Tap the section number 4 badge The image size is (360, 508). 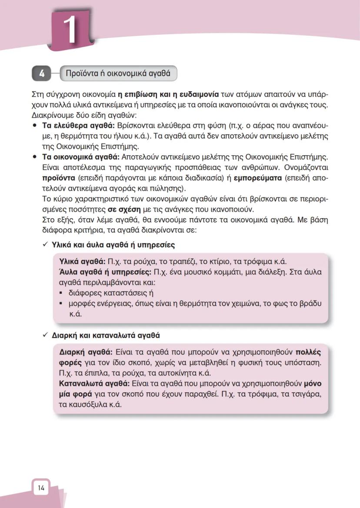(42, 74)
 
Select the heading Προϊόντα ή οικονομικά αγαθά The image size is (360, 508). (117, 74)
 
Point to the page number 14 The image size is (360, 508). (41, 488)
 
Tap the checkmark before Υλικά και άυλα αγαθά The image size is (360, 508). (44, 245)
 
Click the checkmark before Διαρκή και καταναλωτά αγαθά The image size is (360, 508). (44, 335)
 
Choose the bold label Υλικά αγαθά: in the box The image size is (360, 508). (82, 261)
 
